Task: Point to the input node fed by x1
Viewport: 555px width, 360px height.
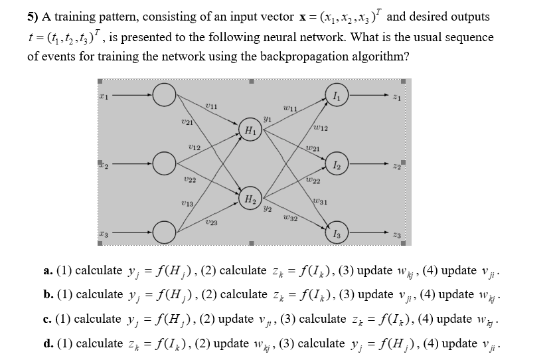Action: [x=163, y=97]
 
